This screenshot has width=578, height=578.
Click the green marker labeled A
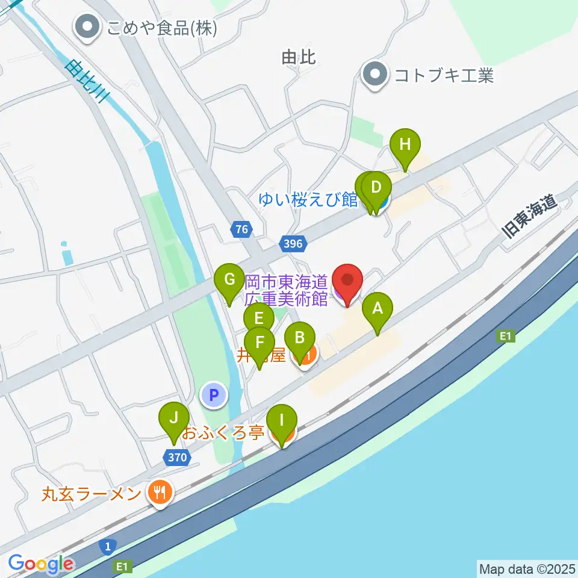pyautogui.click(x=378, y=311)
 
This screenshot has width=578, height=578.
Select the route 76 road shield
pyautogui.click(x=241, y=229)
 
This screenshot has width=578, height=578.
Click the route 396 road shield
pyautogui.click(x=294, y=244)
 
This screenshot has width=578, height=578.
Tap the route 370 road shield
pyautogui.click(x=177, y=458)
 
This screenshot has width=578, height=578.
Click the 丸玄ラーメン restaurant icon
pyautogui.click(x=160, y=494)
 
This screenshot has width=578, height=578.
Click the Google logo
pyautogui.click(x=41, y=564)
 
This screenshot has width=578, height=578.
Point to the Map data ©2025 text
pyautogui.click(x=527, y=568)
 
